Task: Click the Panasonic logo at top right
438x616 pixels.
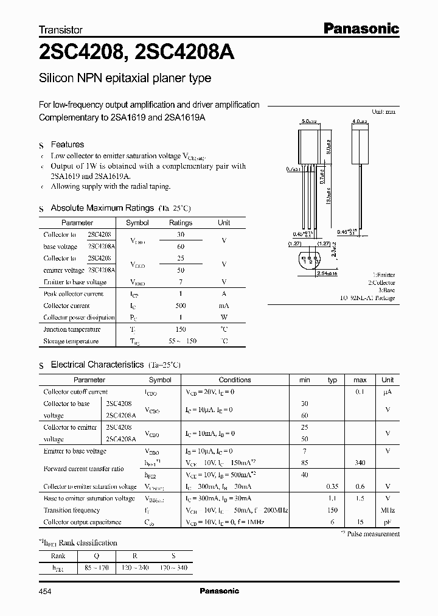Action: click(x=360, y=28)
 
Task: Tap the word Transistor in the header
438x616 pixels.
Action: click(x=61, y=29)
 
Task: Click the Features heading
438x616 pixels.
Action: click(x=67, y=144)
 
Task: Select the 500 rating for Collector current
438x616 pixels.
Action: click(x=181, y=306)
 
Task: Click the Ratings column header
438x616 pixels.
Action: click(x=181, y=223)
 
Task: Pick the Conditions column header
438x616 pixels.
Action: click(x=235, y=380)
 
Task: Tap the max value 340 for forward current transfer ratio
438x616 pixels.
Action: click(x=360, y=463)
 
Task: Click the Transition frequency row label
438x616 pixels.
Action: click(x=72, y=510)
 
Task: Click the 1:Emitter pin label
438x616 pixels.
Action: click(x=383, y=275)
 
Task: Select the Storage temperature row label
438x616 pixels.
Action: click(x=71, y=341)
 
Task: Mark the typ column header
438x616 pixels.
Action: click(x=332, y=380)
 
